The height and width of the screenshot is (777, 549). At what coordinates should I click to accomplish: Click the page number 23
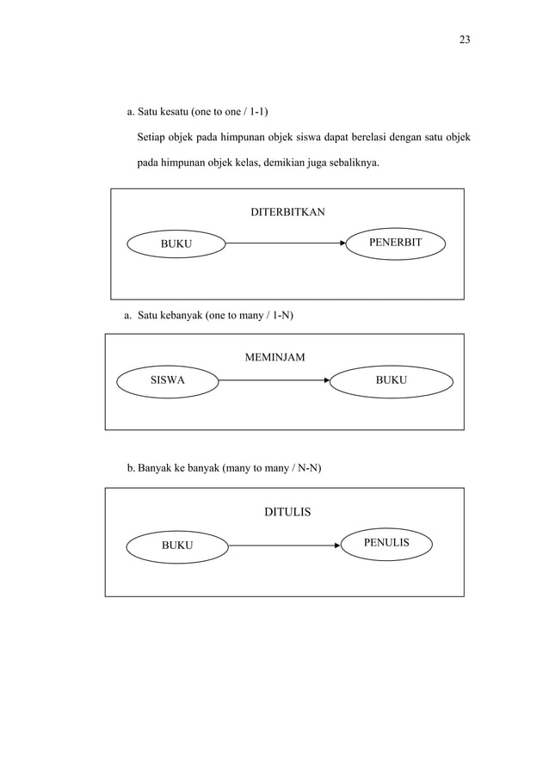(464, 40)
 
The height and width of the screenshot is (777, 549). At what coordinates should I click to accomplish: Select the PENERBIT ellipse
(395, 244)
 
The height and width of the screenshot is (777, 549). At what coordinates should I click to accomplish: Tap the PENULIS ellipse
(386, 543)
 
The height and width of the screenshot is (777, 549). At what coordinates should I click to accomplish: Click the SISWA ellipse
(168, 379)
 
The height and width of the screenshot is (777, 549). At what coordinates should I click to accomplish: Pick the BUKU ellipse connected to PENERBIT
(176, 244)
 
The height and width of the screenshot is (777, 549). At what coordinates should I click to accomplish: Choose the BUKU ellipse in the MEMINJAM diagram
(392, 379)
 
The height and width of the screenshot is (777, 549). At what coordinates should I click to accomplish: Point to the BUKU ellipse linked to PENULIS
(177, 545)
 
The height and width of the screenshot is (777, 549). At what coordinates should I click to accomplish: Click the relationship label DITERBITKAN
(287, 212)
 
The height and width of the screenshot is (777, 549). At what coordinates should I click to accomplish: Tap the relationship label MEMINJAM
(275, 357)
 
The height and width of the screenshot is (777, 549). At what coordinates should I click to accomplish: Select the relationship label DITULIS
(287, 513)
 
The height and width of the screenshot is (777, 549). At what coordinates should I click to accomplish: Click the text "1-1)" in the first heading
(257, 111)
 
